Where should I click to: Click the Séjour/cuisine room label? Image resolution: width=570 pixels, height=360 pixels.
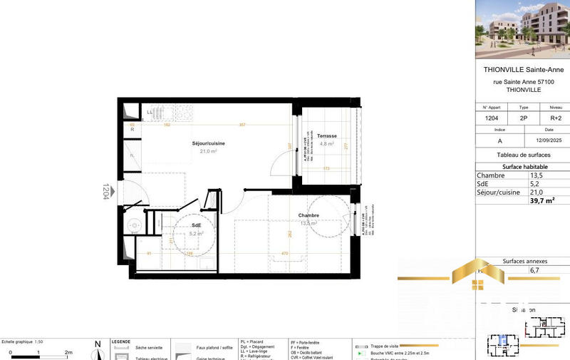(x=209, y=144)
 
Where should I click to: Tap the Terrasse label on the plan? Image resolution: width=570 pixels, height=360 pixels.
(x=327, y=135)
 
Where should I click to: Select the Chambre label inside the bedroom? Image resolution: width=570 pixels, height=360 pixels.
(x=309, y=215)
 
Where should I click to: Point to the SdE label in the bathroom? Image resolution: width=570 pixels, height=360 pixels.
(x=196, y=225)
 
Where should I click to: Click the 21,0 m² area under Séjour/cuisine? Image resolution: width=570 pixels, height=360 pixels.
(x=209, y=151)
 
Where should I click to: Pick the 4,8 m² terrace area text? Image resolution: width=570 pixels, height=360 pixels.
(x=327, y=143)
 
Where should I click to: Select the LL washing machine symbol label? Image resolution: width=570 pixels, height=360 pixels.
(x=150, y=112)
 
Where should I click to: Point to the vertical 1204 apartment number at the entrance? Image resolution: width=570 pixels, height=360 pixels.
(x=105, y=191)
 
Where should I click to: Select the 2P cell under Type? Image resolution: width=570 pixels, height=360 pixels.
(x=524, y=118)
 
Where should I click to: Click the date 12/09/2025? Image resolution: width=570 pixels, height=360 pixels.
(x=544, y=140)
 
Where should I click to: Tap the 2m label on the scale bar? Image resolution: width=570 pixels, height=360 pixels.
(x=69, y=352)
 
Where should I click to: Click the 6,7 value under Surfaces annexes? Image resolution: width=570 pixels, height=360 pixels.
(x=534, y=271)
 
